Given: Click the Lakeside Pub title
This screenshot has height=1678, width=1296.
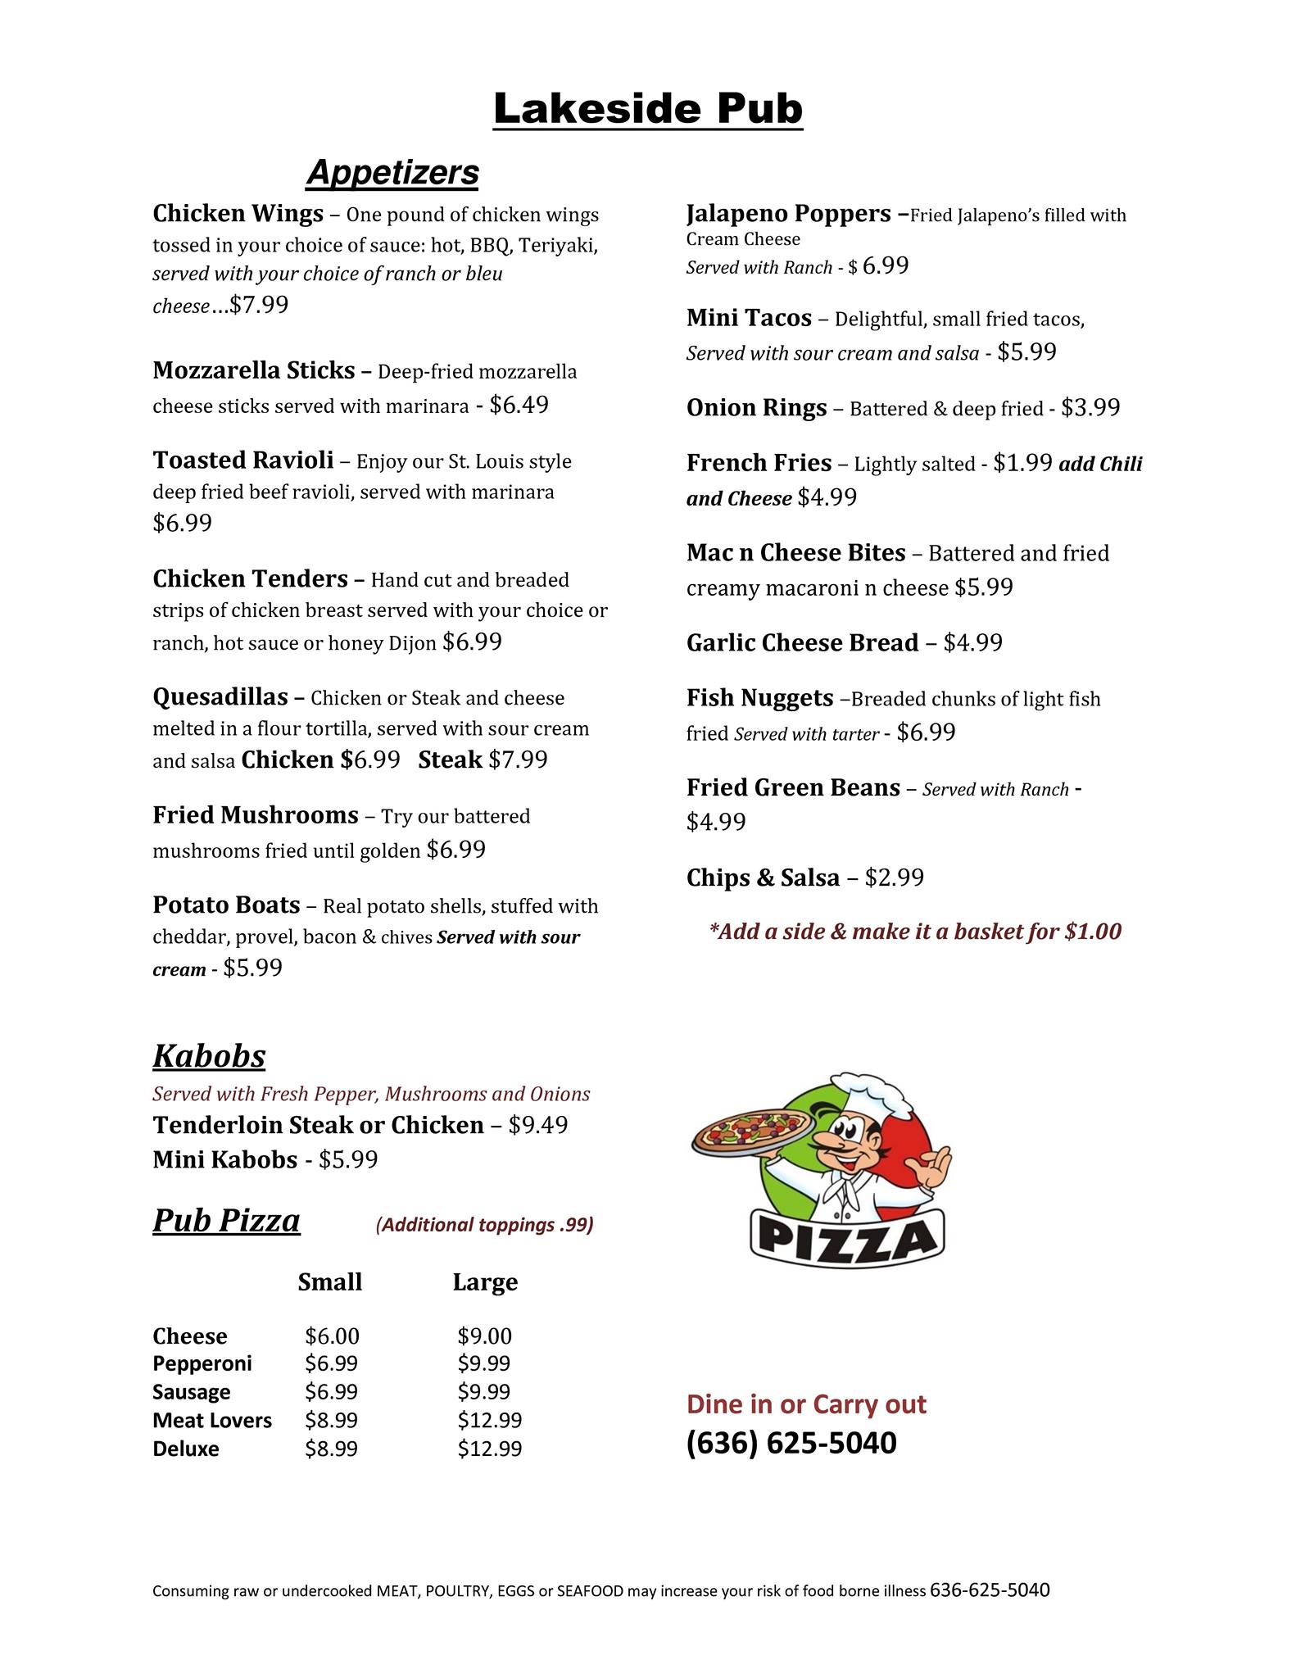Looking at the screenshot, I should (647, 110).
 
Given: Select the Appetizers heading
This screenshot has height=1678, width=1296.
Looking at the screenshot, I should (392, 173).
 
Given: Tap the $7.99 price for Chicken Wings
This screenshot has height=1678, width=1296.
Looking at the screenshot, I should (259, 306).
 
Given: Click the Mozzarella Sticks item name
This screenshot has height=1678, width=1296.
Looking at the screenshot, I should (253, 370).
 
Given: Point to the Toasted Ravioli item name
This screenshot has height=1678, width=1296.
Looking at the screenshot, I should (243, 460).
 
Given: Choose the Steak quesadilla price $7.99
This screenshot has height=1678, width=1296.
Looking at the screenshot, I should (518, 760).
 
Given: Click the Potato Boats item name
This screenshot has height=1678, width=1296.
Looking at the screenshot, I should (226, 905).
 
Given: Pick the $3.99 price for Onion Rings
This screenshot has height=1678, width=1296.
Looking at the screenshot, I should (1090, 408).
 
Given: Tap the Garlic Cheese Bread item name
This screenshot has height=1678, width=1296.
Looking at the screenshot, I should (802, 643).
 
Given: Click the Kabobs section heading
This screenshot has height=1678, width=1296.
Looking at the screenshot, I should (209, 1056).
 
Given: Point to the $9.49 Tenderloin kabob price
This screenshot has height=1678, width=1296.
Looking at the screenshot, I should (537, 1125).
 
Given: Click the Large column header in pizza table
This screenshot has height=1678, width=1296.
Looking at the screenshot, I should (485, 1282).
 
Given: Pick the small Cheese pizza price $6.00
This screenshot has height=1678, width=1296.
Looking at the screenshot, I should (332, 1336).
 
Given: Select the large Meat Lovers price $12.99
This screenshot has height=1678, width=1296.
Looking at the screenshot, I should (489, 1420).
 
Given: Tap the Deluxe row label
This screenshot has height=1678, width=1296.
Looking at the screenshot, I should (186, 1449).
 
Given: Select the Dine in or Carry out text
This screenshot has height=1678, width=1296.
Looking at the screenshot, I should (806, 1404).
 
